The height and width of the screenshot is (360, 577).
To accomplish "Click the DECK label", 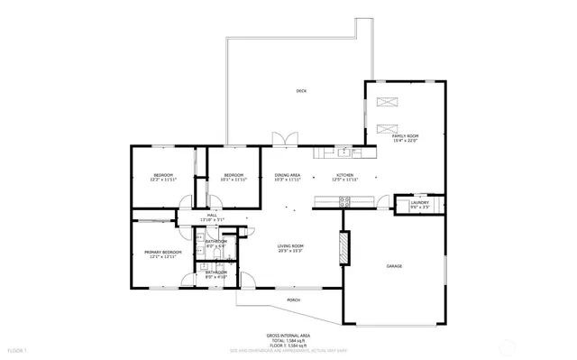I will [x=301, y=91].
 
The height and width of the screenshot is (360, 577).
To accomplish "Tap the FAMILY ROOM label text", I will [x=405, y=135].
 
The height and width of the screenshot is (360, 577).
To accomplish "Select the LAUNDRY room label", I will [x=419, y=203].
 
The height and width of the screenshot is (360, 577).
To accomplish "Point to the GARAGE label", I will [x=394, y=266].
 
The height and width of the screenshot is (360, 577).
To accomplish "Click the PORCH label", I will [x=293, y=300].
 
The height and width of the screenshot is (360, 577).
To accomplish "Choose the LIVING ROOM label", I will [x=289, y=246].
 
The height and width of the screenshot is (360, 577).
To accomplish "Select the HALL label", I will [x=212, y=215].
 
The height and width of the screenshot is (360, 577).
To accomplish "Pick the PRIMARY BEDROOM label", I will [x=163, y=252].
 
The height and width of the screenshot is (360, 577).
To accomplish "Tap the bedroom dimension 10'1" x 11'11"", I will [x=234, y=180].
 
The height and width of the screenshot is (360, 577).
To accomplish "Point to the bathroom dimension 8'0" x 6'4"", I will [x=215, y=245].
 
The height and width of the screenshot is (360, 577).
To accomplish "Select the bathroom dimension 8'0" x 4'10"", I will [x=215, y=276].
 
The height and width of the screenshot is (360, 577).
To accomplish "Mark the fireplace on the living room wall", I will [x=343, y=248].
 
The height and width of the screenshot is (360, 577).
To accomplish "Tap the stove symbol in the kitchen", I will [x=343, y=203].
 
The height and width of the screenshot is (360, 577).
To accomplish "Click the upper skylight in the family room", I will [x=387, y=101].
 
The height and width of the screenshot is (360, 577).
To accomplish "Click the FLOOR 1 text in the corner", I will [x=17, y=349].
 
